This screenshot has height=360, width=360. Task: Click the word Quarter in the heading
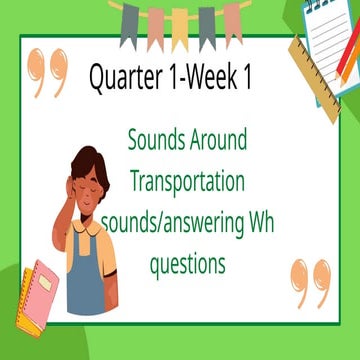tap(124, 78)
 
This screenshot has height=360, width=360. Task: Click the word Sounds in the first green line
tap(159, 140)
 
